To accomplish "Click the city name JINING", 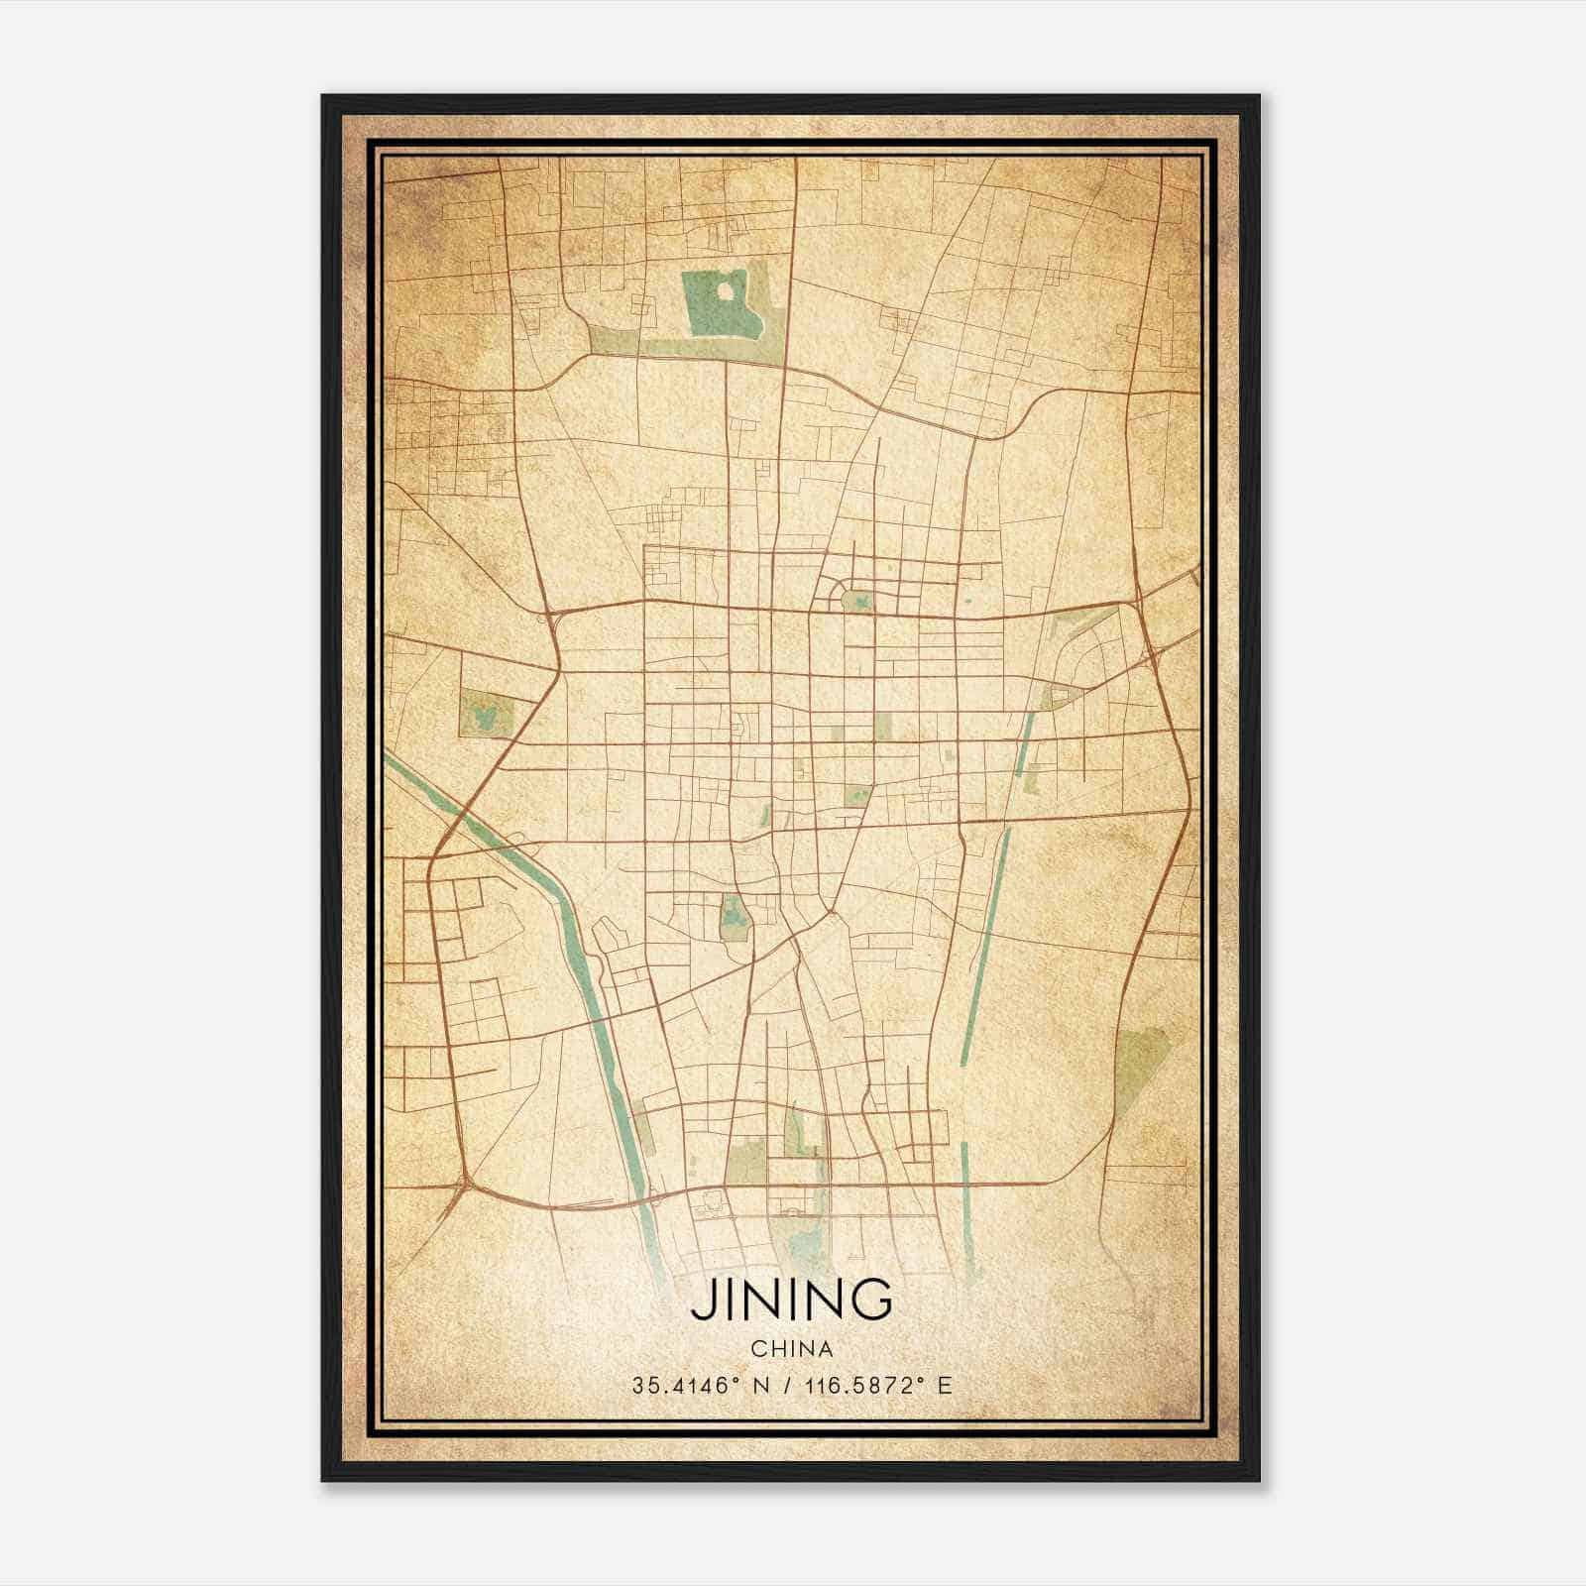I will (791, 1300).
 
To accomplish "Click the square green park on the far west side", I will (486, 715).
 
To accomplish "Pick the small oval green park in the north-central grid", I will (857, 600).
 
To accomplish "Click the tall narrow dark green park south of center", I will (734, 918).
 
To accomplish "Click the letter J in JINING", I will (702, 1300).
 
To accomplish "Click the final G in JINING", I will (871, 1300).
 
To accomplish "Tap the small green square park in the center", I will (856, 794).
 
